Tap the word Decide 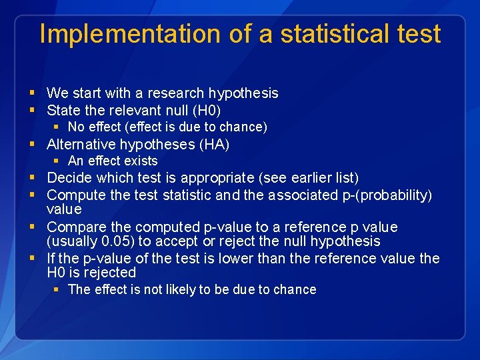[70, 178]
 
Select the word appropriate [216, 178]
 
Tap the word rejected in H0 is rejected [111, 272]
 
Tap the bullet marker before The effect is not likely [57, 289]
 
